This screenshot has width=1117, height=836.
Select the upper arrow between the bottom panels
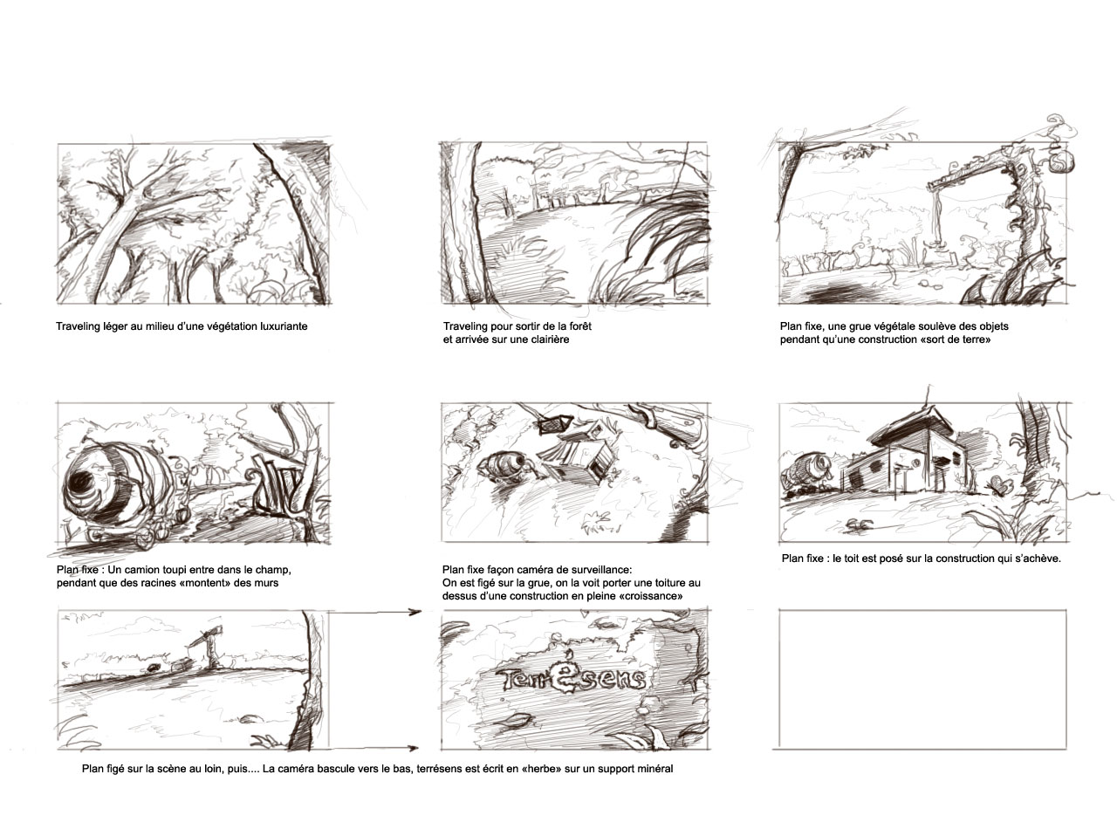click(374, 612)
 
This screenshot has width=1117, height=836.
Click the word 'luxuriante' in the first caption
click(284, 326)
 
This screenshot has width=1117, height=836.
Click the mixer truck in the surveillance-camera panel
click(504, 464)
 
